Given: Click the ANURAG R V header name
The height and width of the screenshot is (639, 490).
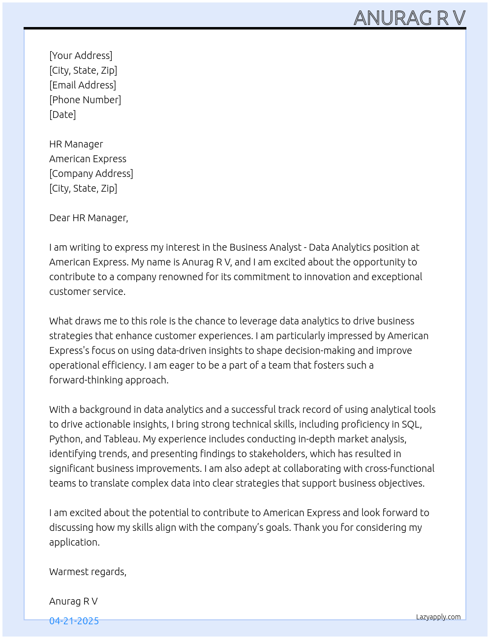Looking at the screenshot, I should point(409,18).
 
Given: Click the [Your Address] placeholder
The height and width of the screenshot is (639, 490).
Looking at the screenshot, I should point(81,56).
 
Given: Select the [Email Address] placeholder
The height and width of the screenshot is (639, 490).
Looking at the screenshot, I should point(83,85).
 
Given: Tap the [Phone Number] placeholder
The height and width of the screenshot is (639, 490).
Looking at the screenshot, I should point(85,100).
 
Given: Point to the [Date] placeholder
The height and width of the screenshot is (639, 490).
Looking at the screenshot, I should point(62,115).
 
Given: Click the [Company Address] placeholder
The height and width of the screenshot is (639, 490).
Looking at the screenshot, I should point(91,174).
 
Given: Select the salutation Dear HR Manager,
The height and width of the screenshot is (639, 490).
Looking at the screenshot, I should point(89,218).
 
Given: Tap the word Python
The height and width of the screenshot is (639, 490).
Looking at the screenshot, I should point(65,439).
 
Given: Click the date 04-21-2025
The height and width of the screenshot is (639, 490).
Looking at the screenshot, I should point(74,621).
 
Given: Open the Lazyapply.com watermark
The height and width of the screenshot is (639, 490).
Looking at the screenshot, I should point(438,617).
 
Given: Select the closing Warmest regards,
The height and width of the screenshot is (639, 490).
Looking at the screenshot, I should point(88,572).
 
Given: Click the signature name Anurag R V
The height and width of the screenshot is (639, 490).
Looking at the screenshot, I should point(73,601).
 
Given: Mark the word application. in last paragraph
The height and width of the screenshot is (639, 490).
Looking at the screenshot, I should point(74,542).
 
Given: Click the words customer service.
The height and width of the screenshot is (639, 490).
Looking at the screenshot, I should point(87,291).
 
